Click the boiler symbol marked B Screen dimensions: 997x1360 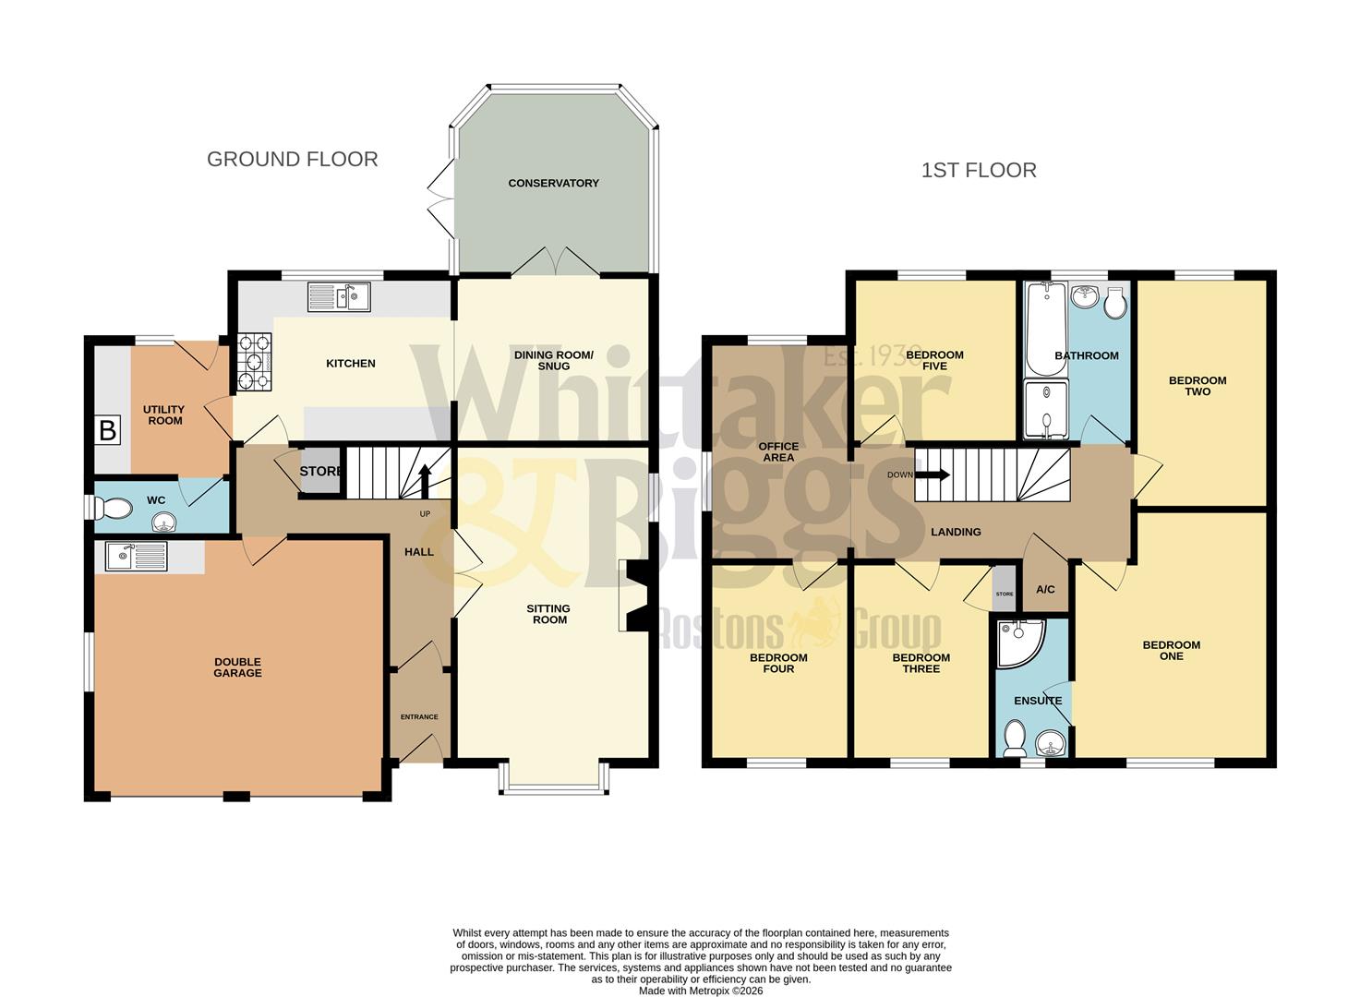(108, 430)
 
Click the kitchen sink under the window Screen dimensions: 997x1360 (339, 296)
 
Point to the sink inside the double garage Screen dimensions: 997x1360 (137, 557)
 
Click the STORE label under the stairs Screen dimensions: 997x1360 (320, 472)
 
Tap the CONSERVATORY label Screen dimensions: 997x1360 (553, 183)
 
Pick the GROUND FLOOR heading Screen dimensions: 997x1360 (292, 159)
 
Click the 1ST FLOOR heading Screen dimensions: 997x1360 (979, 170)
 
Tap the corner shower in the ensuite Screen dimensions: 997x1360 (1020, 642)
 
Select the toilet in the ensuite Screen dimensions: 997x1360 (1014, 738)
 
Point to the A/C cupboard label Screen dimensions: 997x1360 (1045, 590)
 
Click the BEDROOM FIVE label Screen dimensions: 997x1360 (934, 360)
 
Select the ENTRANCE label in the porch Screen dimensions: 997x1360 (419, 716)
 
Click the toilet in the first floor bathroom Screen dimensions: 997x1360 (1114, 303)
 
